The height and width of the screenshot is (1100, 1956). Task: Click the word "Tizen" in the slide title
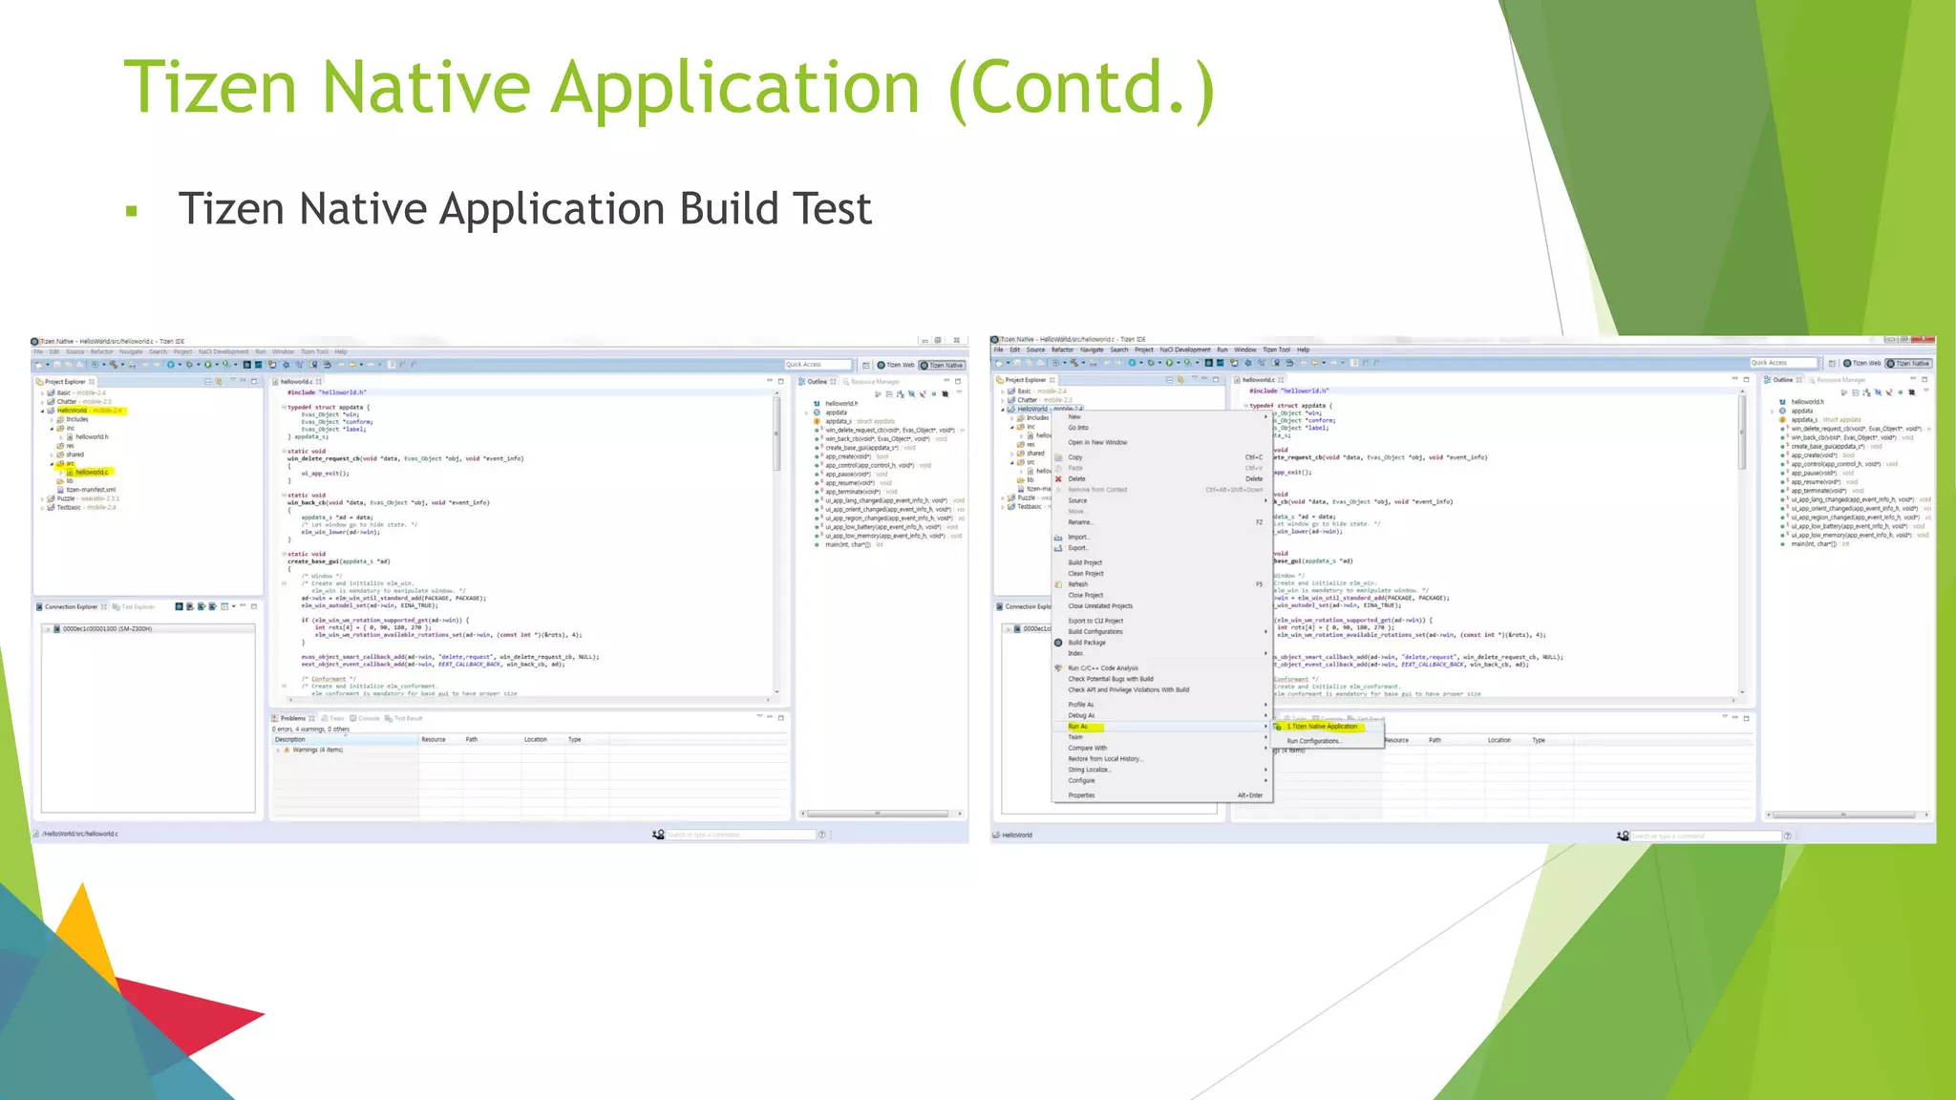tap(211, 88)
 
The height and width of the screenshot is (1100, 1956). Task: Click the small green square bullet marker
tap(132, 211)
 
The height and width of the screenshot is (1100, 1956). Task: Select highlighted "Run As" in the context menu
tap(1077, 727)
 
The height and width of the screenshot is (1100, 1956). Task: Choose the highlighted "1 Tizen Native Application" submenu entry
tap(1324, 727)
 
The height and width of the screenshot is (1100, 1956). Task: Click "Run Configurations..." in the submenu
tap(1314, 741)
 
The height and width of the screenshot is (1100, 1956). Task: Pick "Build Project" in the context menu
tap(1085, 562)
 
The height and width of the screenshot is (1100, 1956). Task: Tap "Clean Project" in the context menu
tap(1086, 574)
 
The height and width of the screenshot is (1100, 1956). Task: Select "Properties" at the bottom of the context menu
tap(1081, 795)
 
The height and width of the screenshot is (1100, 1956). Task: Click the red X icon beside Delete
tap(1058, 479)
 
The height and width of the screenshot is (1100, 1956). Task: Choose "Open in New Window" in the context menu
tap(1097, 443)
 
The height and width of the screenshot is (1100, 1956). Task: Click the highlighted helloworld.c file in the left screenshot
tap(92, 473)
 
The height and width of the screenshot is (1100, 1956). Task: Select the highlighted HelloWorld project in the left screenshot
tap(73, 411)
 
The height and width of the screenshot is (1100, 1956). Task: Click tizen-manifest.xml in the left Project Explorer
tap(91, 490)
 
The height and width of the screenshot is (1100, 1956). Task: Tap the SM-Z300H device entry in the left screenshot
tap(107, 629)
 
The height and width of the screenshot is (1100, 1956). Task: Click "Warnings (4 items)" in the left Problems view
tap(317, 751)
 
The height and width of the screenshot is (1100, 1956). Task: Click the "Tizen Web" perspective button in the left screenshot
tap(896, 365)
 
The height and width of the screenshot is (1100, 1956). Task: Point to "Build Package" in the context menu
tap(1087, 643)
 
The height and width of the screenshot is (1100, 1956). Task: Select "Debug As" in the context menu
tap(1081, 715)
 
